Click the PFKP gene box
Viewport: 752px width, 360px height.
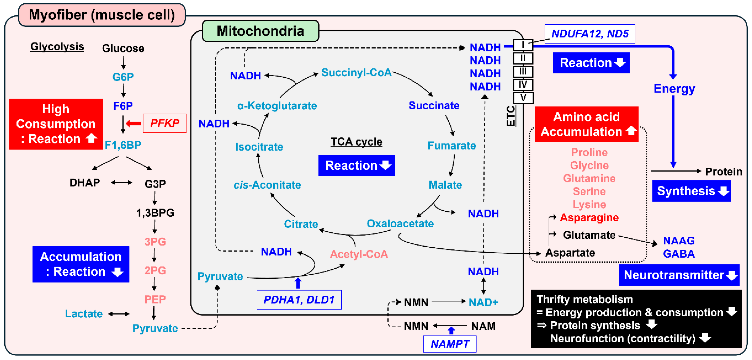(x=165, y=123)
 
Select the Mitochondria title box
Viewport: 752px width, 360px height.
(x=260, y=31)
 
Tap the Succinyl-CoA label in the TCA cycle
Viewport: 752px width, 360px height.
(x=356, y=72)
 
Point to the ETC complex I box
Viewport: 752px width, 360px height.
(x=523, y=45)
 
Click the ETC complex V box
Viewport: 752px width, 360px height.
(x=523, y=98)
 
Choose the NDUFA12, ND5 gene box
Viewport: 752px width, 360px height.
(x=589, y=34)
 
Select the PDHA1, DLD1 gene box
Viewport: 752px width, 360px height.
(x=299, y=300)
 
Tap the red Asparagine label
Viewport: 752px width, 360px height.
(x=589, y=217)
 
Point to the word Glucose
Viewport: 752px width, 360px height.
(x=123, y=48)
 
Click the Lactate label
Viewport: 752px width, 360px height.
(x=84, y=314)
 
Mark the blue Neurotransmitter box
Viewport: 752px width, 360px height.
(x=679, y=275)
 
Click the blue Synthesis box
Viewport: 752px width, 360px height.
(x=691, y=191)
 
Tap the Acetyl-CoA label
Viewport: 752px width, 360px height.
(x=359, y=254)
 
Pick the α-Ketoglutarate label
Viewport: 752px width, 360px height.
(x=277, y=106)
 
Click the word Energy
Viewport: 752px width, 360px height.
(x=674, y=88)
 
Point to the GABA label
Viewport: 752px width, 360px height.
(x=679, y=254)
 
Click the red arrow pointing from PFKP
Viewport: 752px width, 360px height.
(x=134, y=124)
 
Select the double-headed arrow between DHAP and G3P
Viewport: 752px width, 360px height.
(x=121, y=183)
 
